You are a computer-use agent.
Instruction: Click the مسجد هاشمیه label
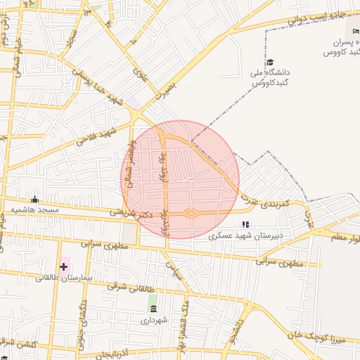coord(39,210)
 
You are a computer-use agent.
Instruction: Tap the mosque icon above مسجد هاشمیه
coord(34,199)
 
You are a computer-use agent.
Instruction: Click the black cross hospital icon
coord(64,266)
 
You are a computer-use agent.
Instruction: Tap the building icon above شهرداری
coord(153,309)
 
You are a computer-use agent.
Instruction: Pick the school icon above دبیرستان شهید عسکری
coord(245,224)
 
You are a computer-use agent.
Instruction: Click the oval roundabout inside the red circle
coord(190,213)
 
